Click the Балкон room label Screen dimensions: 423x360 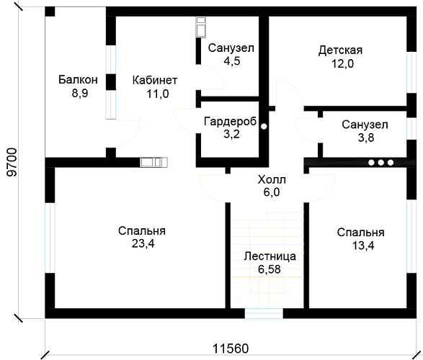click(x=78, y=80)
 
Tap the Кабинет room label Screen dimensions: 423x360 click(x=155, y=81)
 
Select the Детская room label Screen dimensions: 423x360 click(x=340, y=50)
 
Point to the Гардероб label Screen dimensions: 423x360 click(x=231, y=122)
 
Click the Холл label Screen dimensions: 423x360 click(x=272, y=179)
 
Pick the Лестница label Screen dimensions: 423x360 click(x=270, y=256)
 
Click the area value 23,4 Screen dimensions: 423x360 click(x=143, y=243)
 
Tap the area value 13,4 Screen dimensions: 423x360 click(x=363, y=246)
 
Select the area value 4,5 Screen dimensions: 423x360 click(x=232, y=61)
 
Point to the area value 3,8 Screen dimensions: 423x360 click(x=366, y=138)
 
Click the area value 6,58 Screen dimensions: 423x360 click(x=270, y=269)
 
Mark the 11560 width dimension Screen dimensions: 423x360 click(x=231, y=348)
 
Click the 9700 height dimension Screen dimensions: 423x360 click(x=12, y=162)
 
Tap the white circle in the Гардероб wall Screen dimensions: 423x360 click(x=264, y=127)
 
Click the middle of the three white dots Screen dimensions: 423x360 click(x=381, y=163)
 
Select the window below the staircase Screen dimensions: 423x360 click(x=264, y=314)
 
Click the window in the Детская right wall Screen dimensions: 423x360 click(x=411, y=73)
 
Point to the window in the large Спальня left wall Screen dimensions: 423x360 click(x=50, y=238)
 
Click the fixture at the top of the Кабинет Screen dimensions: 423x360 click(x=201, y=27)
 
